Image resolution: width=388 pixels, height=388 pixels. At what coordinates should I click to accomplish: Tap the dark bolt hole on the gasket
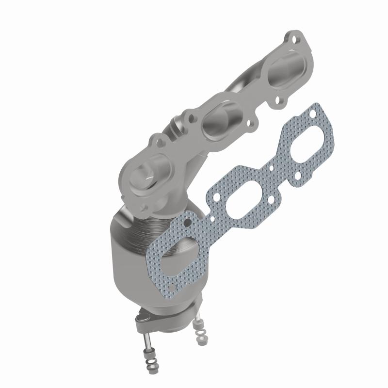(186, 223)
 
